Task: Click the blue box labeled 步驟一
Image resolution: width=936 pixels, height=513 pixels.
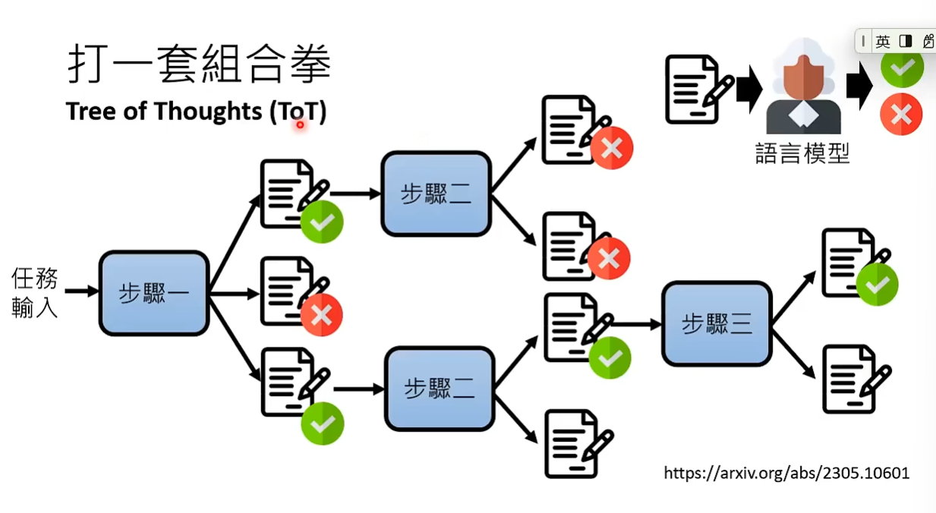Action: pyautogui.click(x=153, y=293)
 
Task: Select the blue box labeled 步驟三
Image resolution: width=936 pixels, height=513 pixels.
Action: pyautogui.click(x=717, y=324)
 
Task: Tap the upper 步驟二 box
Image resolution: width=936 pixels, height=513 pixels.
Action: pyautogui.click(x=436, y=194)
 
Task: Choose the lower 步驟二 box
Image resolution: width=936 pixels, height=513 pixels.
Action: pyautogui.click(x=440, y=389)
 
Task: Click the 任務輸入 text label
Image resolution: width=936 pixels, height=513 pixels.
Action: pyautogui.click(x=34, y=292)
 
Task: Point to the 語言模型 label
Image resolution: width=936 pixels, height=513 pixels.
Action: pyautogui.click(x=802, y=153)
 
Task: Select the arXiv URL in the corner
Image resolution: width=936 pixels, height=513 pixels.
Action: pyautogui.click(x=786, y=474)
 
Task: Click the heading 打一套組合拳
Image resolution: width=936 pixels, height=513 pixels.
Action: pyautogui.click(x=199, y=64)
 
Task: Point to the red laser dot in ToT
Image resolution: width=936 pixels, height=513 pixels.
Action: pyautogui.click(x=300, y=124)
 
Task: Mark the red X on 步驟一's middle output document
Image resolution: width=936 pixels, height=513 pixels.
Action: pyautogui.click(x=321, y=315)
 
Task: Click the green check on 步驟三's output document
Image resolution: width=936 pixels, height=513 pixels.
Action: pyautogui.click(x=877, y=285)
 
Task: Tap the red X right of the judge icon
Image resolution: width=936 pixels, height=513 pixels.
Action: pyautogui.click(x=901, y=115)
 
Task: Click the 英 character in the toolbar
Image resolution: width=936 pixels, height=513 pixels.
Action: pyautogui.click(x=882, y=42)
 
